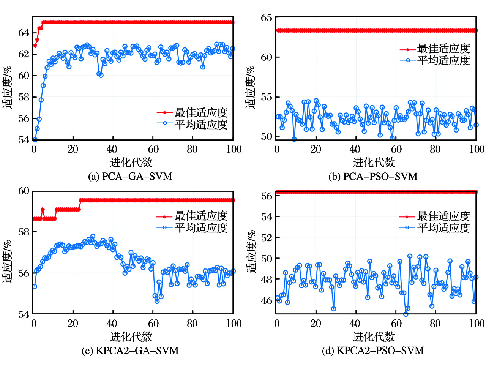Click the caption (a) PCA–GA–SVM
(x=130, y=177)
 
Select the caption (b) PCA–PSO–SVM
(x=373, y=177)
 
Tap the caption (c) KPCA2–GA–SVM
(x=130, y=351)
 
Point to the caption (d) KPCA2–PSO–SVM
(x=373, y=351)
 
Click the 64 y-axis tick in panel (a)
(x=24, y=33)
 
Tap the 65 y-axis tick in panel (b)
(x=266, y=18)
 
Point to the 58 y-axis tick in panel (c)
(x=24, y=232)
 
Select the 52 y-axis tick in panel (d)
(x=266, y=237)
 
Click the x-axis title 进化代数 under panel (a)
(x=131, y=163)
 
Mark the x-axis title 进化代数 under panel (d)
(x=374, y=336)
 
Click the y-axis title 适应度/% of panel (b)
(x=251, y=87)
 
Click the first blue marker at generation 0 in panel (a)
(x=35, y=140)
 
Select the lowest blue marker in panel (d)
(x=406, y=314)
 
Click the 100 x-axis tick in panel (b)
(x=477, y=149)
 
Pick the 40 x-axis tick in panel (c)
(x=112, y=323)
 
